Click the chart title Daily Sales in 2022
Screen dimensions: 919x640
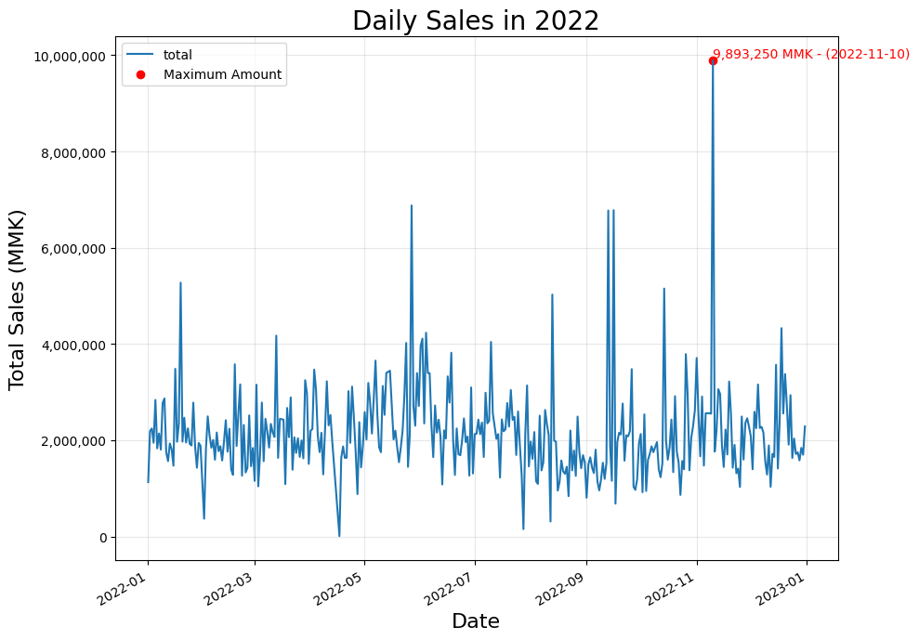pyautogui.click(x=476, y=21)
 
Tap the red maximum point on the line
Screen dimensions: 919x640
pyautogui.click(x=713, y=60)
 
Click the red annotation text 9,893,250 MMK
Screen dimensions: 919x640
pyautogui.click(x=763, y=55)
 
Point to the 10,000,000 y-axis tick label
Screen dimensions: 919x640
pyautogui.click(x=70, y=57)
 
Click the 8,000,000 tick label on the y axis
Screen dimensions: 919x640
pyautogui.click(x=73, y=153)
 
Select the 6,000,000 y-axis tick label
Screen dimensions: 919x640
pyautogui.click(x=73, y=249)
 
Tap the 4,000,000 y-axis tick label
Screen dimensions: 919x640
pyautogui.click(x=73, y=346)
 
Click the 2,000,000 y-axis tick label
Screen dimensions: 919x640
pyautogui.click(x=73, y=441)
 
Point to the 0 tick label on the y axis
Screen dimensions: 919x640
pyautogui.click(x=102, y=538)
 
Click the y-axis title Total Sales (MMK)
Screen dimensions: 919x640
pyautogui.click(x=17, y=299)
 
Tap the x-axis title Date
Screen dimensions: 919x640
pyautogui.click(x=476, y=621)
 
